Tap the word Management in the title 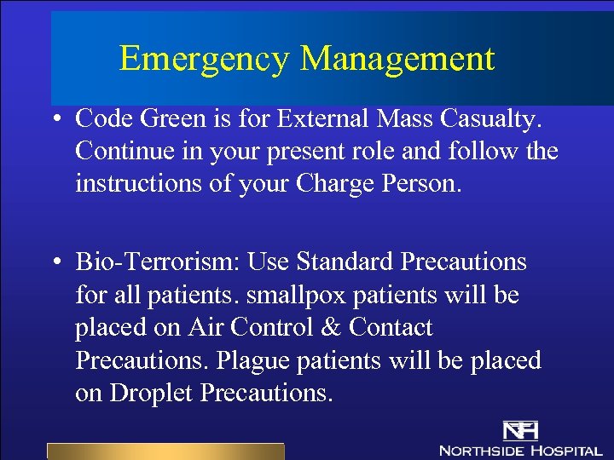pyautogui.click(x=397, y=59)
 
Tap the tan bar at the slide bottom pyautogui.click(x=165, y=451)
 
